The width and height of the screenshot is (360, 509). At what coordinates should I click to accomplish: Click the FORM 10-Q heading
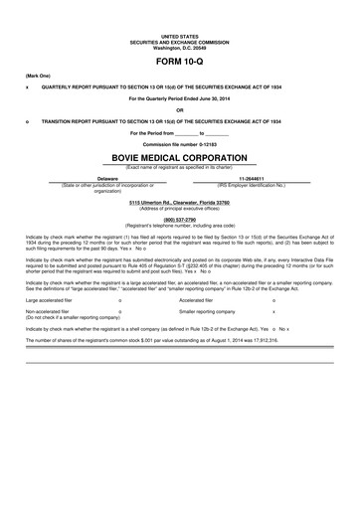180,62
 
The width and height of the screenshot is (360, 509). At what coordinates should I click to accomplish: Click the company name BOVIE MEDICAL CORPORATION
180,156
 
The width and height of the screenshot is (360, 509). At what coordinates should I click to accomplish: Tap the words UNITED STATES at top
180,35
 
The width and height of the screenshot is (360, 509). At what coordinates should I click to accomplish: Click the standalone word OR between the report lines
180,108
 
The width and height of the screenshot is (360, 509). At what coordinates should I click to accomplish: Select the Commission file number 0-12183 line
180,142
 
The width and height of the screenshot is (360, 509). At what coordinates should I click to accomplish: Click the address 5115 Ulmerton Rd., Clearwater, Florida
180,202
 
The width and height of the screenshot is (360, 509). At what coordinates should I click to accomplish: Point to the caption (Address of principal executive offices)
180,208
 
